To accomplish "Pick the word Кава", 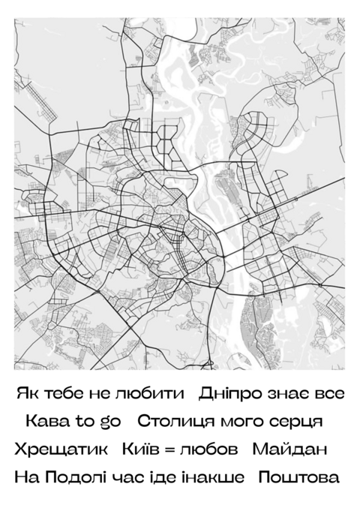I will click(46, 422).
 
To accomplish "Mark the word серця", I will click(295, 422).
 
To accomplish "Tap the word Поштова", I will click(298, 477).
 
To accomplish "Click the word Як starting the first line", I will click(25, 394).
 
